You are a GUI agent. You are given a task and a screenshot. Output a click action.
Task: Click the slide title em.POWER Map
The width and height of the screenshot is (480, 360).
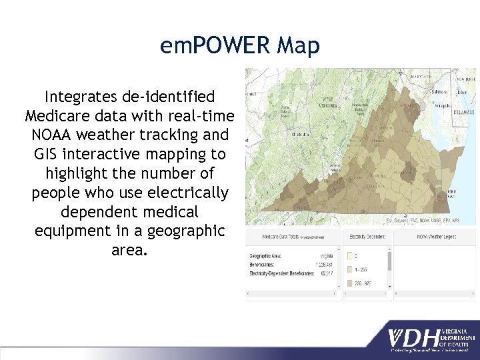point(240,46)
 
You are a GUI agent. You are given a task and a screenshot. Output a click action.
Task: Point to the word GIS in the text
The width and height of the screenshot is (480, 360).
point(47,154)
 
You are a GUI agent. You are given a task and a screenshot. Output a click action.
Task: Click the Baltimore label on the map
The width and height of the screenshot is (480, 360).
point(440,91)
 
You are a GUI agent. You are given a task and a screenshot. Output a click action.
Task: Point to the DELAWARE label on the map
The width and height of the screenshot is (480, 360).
point(463,113)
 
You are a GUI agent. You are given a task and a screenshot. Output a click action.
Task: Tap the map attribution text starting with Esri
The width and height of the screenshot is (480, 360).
point(423,220)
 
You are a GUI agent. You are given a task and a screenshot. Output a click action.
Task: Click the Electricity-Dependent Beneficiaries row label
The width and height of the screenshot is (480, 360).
point(278,272)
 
